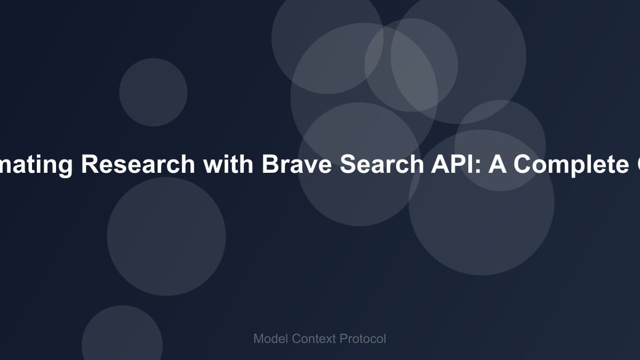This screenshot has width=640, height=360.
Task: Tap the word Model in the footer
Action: (x=270, y=339)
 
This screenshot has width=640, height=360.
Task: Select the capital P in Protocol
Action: (x=343, y=339)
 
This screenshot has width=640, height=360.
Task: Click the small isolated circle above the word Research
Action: (x=153, y=92)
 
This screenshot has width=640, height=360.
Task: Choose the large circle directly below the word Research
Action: (x=166, y=236)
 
